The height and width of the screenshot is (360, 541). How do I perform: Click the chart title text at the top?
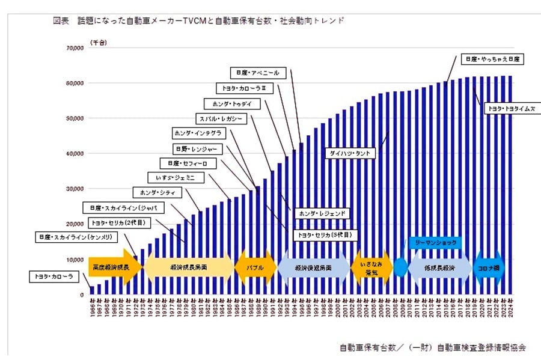pos(198,20)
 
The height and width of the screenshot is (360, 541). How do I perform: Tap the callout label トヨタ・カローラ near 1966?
pos(53,277)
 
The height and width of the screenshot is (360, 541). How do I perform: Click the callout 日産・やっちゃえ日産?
pos(494,59)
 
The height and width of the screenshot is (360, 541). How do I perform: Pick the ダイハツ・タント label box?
pos(350,154)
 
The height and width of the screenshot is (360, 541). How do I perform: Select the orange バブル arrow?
pos(254,265)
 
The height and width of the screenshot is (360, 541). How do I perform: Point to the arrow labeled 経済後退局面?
pos(313,265)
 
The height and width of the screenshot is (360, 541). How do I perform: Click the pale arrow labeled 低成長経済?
pos(439,265)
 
